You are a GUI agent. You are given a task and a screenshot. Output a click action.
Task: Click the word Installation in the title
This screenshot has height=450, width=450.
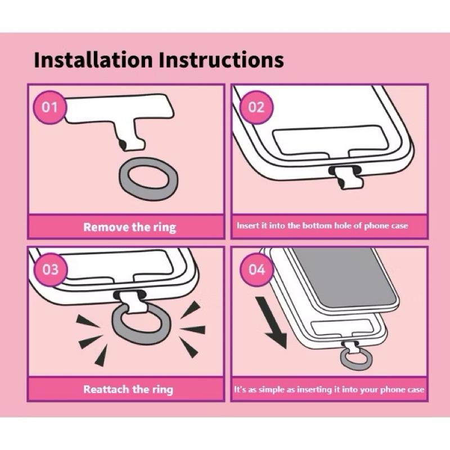[x=93, y=60]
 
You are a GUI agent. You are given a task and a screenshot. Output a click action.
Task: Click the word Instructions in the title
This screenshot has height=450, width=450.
[x=221, y=60]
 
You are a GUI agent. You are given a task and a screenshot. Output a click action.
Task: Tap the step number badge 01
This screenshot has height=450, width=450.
[x=49, y=107]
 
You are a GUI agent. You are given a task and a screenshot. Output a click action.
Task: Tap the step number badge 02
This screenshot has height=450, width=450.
[x=256, y=107]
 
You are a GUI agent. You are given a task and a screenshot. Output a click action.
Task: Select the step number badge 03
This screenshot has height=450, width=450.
[x=51, y=270]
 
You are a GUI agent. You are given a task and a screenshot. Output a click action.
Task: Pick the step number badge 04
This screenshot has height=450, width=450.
[x=257, y=270]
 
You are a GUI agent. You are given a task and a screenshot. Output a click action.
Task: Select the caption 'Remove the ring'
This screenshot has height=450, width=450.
[x=130, y=227]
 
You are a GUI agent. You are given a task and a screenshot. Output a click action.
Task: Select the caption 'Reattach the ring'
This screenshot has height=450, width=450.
[x=128, y=389]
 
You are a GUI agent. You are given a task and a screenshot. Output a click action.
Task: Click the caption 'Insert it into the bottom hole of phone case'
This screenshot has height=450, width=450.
[x=322, y=226]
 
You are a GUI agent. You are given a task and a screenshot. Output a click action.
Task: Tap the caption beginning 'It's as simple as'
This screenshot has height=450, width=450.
[x=329, y=389]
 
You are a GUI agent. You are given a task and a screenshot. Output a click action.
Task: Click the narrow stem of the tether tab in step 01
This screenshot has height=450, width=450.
[x=130, y=135]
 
